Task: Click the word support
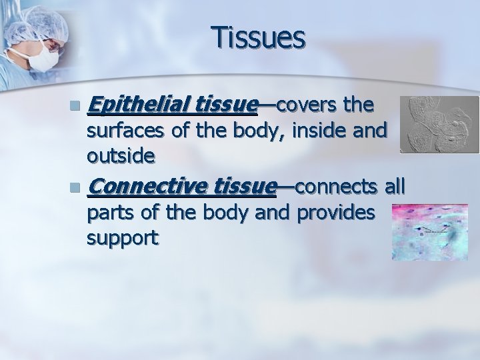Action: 123,238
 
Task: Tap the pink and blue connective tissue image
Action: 430,232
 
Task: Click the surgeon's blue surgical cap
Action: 43,21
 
